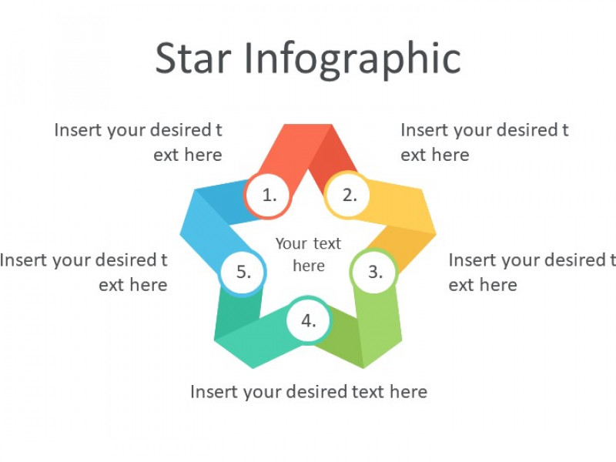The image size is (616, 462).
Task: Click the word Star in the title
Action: click(x=193, y=59)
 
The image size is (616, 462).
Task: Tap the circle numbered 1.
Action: click(x=268, y=195)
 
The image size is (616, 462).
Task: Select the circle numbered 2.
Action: click(x=348, y=195)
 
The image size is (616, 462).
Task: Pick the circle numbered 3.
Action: click(x=374, y=272)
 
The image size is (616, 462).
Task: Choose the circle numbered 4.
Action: click(x=309, y=320)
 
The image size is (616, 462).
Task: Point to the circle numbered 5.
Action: click(x=243, y=272)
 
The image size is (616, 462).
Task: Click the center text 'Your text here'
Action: click(x=309, y=255)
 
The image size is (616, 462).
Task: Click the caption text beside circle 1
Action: click(x=139, y=142)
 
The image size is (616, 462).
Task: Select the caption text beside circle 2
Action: click(x=484, y=142)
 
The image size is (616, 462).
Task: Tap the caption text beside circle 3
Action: click(x=532, y=273)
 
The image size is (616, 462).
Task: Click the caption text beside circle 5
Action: click(x=84, y=273)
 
